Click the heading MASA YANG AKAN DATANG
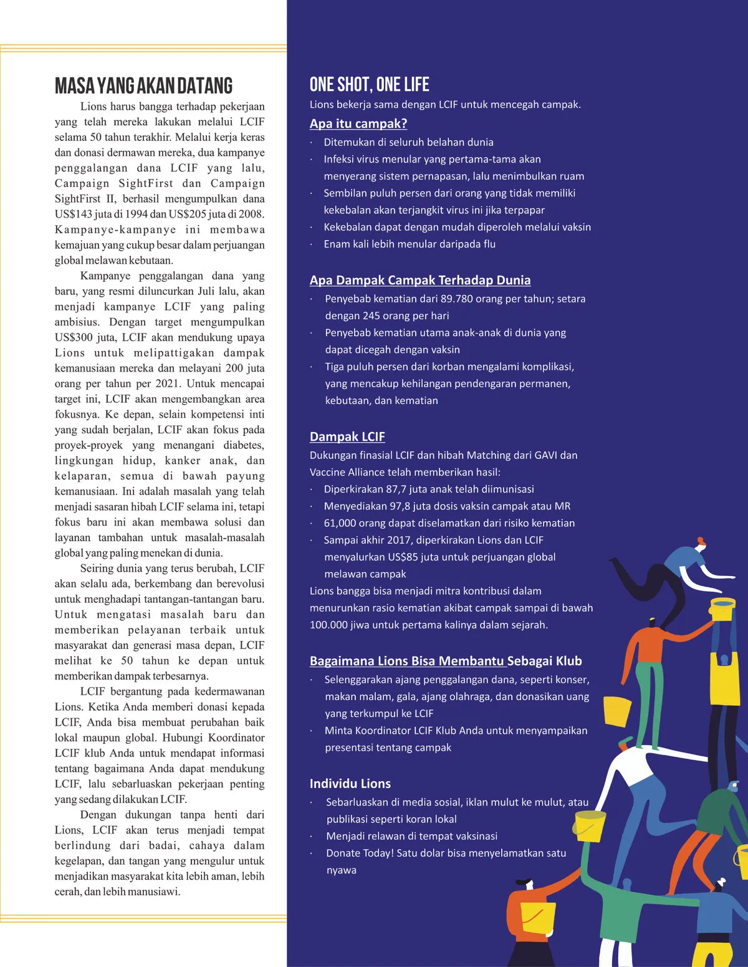(x=143, y=86)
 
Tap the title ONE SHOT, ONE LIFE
(x=369, y=85)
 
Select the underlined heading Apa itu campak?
(x=358, y=123)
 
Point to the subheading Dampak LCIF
(x=347, y=436)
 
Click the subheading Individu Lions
(x=350, y=784)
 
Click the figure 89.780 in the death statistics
(x=457, y=299)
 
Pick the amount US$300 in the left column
(x=74, y=337)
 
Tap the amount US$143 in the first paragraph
(x=74, y=214)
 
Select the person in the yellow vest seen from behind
(x=725, y=673)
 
